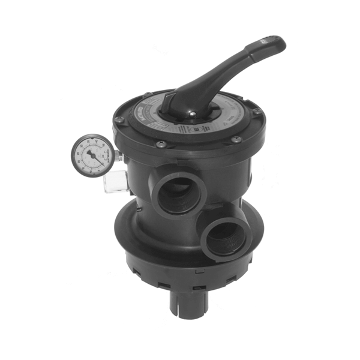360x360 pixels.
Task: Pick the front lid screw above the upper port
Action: [x=161, y=144]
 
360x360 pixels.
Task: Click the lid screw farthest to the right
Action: [x=257, y=112]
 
